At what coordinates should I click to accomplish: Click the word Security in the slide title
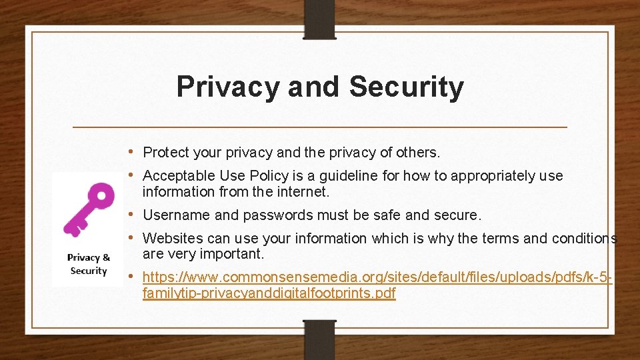(406, 87)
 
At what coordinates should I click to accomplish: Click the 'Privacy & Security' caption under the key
(88, 264)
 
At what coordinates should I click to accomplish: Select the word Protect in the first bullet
(167, 153)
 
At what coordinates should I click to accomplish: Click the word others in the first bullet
(417, 153)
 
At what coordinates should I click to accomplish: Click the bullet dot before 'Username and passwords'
(135, 215)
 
